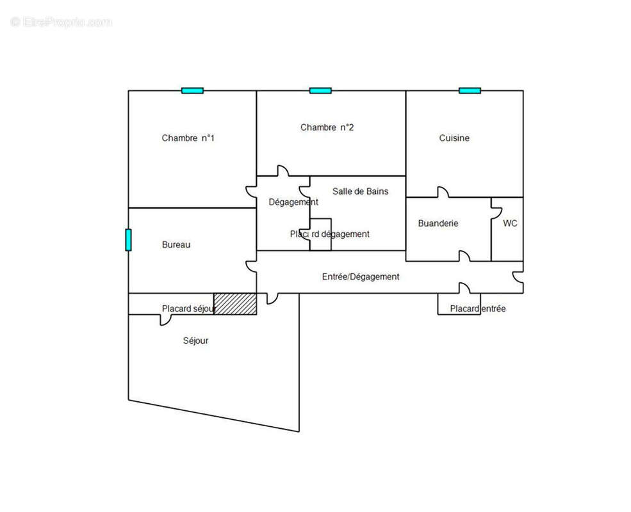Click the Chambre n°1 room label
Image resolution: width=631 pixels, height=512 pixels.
pyautogui.click(x=188, y=138)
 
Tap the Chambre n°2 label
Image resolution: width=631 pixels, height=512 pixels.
pyautogui.click(x=327, y=127)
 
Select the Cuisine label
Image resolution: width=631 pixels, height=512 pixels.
pyautogui.click(x=454, y=138)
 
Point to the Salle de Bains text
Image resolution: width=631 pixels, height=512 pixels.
pyautogui.click(x=360, y=191)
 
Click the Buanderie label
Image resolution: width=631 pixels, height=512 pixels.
pyautogui.click(x=438, y=223)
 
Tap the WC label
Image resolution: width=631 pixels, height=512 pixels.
pyautogui.click(x=510, y=223)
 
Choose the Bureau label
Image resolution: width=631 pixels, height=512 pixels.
pyautogui.click(x=176, y=244)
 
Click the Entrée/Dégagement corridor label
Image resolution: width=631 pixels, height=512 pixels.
pyautogui.click(x=361, y=277)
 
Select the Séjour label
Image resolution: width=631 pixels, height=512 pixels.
pyautogui.click(x=195, y=340)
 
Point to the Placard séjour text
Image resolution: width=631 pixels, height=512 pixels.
pyautogui.click(x=189, y=308)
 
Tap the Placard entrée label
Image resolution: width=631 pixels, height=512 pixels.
pyautogui.click(x=478, y=308)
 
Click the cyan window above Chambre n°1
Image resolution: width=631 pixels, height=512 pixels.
pyautogui.click(x=192, y=91)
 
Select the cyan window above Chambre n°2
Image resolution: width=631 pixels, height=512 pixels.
pyautogui.click(x=320, y=91)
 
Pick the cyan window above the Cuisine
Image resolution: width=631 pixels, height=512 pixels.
pyautogui.click(x=470, y=91)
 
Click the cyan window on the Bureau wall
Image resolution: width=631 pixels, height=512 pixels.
pyautogui.click(x=128, y=240)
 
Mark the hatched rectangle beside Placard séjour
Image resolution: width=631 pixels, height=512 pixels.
pyautogui.click(x=235, y=304)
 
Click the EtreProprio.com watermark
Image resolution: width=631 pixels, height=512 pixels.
pyautogui.click(x=61, y=22)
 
